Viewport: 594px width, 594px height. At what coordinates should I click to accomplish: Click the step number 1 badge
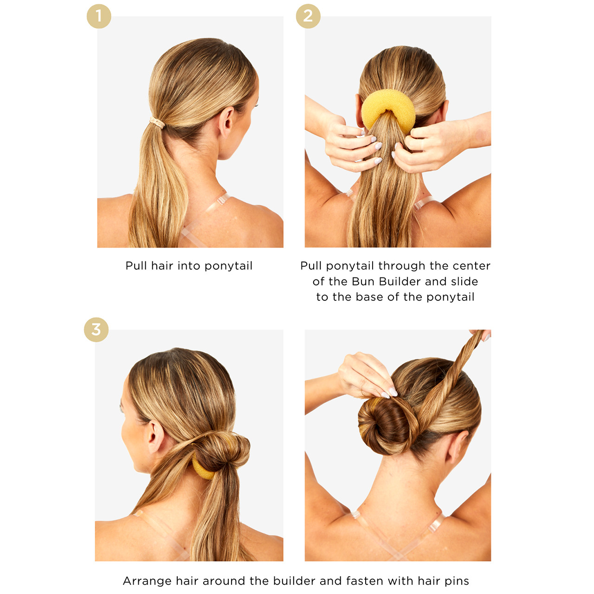(99, 16)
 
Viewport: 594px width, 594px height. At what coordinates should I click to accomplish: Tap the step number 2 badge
(308, 16)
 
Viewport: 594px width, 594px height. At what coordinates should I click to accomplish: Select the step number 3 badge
(96, 330)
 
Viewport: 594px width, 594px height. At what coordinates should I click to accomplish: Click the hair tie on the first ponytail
(157, 123)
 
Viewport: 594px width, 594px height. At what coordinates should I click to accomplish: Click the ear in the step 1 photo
(227, 122)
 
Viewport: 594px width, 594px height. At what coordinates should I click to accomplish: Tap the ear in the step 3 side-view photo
(155, 437)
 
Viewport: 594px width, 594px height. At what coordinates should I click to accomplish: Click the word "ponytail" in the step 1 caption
(228, 266)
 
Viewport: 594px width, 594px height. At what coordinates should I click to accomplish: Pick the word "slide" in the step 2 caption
(464, 282)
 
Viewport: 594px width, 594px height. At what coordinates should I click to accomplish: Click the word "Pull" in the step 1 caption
(136, 266)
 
